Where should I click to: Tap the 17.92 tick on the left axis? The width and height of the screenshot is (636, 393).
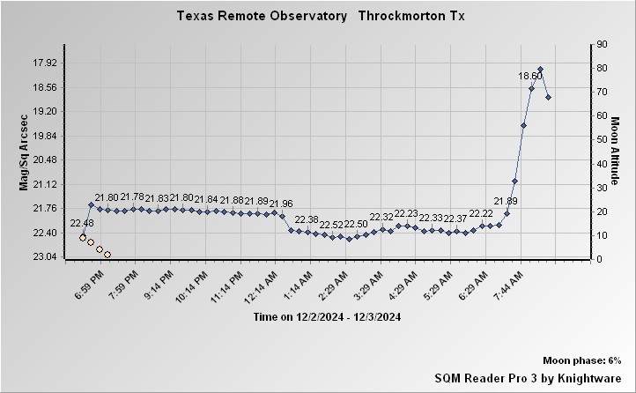[x=44, y=63]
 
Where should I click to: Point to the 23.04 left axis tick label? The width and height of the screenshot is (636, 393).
[x=44, y=256]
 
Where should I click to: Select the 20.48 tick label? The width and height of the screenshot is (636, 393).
[x=44, y=159]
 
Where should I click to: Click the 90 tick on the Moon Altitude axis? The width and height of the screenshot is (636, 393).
[x=603, y=43]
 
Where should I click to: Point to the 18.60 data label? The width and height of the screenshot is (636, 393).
[x=530, y=77]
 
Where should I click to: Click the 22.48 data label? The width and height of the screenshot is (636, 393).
[x=82, y=223]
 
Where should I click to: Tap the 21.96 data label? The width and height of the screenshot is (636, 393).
[x=280, y=204]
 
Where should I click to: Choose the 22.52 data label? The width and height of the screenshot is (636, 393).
[x=331, y=225]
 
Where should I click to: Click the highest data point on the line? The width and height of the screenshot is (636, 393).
[x=540, y=70]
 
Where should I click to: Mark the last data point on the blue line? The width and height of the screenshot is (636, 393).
[x=548, y=97]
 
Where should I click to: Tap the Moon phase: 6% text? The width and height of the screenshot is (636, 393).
[x=582, y=361]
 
